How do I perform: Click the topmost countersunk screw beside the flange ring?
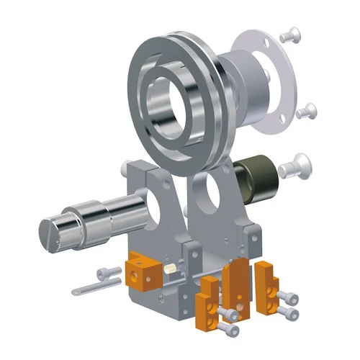292,32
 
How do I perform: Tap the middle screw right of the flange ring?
307,110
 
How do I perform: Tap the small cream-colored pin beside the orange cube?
171,268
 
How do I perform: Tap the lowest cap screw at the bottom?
230,330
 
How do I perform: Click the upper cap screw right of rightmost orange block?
288,297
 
